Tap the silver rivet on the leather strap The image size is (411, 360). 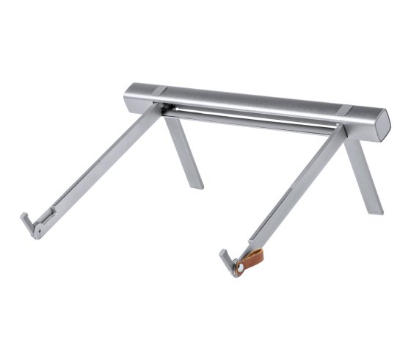(x=240, y=267)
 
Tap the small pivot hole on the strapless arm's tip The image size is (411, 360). (x=36, y=230)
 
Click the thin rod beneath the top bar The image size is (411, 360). (x=250, y=118)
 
